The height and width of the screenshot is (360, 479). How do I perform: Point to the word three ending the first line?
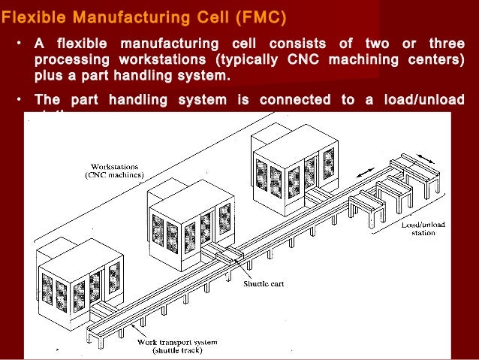[x=442, y=42]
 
